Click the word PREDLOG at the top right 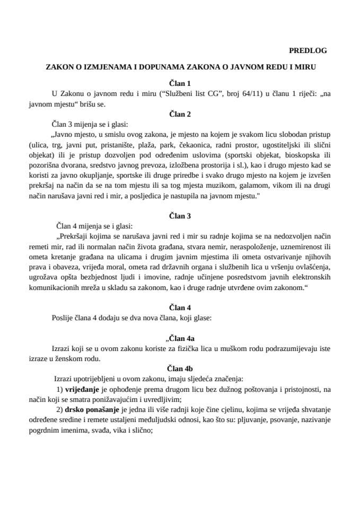coord(308,51)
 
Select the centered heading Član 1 coord(180,83)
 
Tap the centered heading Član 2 coord(180,114)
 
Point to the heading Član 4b coord(180,368)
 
